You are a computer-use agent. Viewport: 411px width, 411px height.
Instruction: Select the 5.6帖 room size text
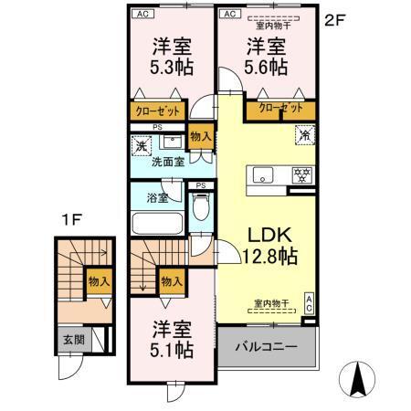(x=265, y=68)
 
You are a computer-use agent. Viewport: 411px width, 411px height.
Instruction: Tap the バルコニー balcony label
(x=267, y=348)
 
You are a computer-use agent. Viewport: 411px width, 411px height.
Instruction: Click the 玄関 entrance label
(x=72, y=340)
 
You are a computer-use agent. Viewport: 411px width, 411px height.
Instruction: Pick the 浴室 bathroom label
(x=157, y=196)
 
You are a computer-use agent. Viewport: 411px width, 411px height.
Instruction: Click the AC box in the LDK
(x=309, y=303)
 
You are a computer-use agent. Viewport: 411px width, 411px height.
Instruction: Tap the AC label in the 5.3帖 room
(x=141, y=14)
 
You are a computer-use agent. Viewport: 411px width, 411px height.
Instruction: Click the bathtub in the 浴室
(x=157, y=225)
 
